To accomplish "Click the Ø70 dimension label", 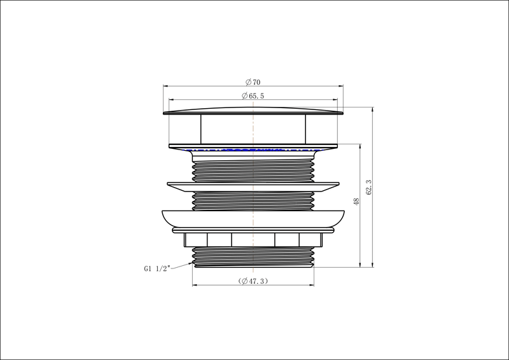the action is (x=253, y=82).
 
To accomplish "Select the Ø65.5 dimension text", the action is (x=253, y=96).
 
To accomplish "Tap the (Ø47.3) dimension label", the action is (x=253, y=280).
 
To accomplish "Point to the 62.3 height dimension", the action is (x=368, y=187).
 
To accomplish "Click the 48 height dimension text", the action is (x=356, y=201).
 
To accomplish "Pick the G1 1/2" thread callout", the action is (x=157, y=269).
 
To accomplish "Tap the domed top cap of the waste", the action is (x=253, y=111).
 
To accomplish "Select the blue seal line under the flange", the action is (x=253, y=150).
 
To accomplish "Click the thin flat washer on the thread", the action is (x=253, y=186).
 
